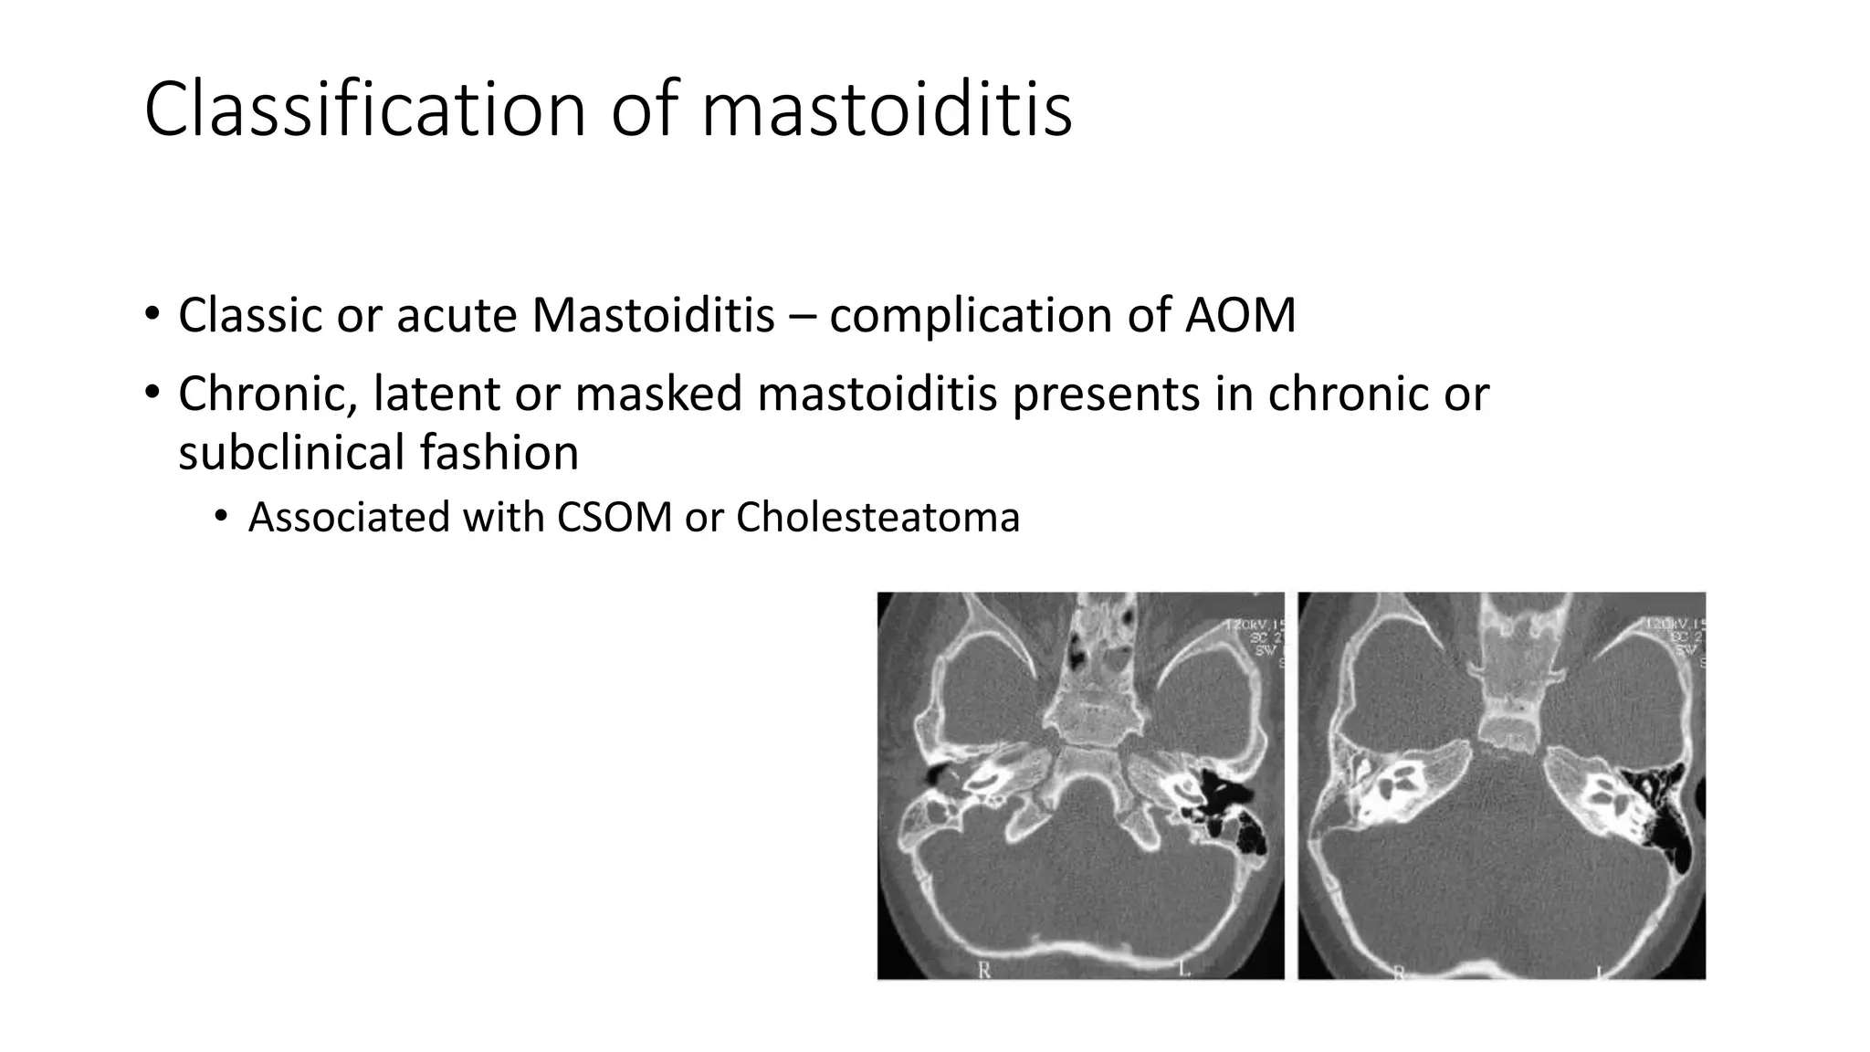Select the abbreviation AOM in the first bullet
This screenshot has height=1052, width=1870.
(1240, 316)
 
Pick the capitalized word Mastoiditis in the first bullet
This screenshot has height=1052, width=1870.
(653, 316)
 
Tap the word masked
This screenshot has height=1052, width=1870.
(658, 394)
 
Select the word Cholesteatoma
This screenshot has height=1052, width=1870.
(877, 518)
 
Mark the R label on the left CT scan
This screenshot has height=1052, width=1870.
(984, 971)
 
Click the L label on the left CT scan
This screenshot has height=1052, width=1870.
(1184, 969)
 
